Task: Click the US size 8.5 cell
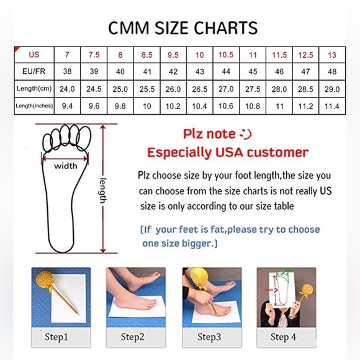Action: tap(147, 55)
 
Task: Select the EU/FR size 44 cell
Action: tap(226, 71)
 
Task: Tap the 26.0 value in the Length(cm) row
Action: tap(173, 89)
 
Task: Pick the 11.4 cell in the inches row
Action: tap(332, 106)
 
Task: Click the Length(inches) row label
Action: tap(34, 106)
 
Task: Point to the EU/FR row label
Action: tap(34, 71)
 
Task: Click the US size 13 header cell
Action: tap(332, 55)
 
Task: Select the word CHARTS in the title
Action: tap(226, 28)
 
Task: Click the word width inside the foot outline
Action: tap(66, 166)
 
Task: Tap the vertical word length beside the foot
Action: tap(103, 191)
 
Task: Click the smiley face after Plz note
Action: tap(245, 134)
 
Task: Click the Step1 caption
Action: tap(56, 337)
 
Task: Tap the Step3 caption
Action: tap(209, 337)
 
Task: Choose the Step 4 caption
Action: tap(283, 337)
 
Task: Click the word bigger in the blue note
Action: tap(197, 244)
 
